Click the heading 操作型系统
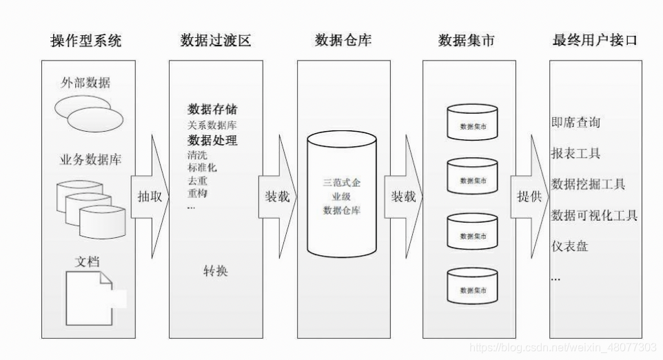click(x=86, y=41)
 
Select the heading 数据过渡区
click(x=216, y=41)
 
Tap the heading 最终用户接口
click(x=595, y=41)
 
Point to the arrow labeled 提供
click(x=529, y=197)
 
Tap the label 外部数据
click(x=85, y=83)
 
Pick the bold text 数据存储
click(x=213, y=110)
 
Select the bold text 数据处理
click(x=213, y=141)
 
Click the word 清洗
click(x=197, y=155)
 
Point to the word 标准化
click(x=203, y=168)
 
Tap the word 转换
click(x=215, y=271)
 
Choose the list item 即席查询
click(x=575, y=123)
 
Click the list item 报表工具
click(x=575, y=153)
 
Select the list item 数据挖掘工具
click(x=589, y=184)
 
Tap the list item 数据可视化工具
click(x=595, y=215)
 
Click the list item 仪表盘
click(x=570, y=246)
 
